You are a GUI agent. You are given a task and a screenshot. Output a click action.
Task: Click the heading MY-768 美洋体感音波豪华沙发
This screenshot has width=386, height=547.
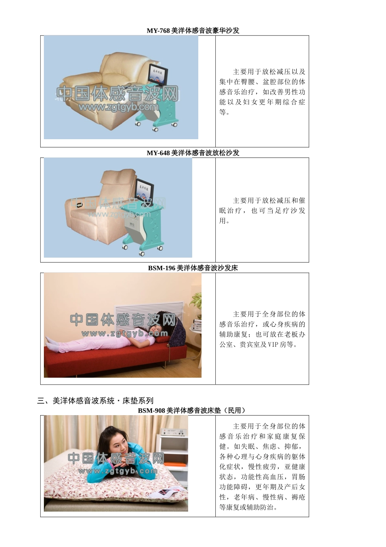click(x=193, y=31)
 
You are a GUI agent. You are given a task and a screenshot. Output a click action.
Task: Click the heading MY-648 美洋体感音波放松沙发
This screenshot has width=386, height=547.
click(x=193, y=153)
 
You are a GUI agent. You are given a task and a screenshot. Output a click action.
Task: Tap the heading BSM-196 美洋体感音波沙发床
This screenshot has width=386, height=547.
click(x=193, y=268)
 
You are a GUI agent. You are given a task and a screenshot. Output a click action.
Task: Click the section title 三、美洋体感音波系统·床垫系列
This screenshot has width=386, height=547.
click(x=95, y=400)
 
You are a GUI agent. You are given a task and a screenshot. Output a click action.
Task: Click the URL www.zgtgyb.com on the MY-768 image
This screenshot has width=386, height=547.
click(x=119, y=107)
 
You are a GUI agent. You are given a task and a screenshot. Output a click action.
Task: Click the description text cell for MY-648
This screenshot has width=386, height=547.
click(x=262, y=210)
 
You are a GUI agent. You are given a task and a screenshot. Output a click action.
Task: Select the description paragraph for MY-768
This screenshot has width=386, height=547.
click(x=262, y=92)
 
